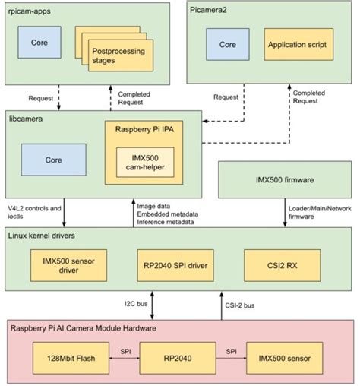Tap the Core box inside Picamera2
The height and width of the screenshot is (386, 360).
click(x=227, y=45)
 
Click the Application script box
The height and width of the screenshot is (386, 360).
click(x=297, y=45)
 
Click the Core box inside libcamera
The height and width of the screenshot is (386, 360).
click(x=52, y=160)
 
